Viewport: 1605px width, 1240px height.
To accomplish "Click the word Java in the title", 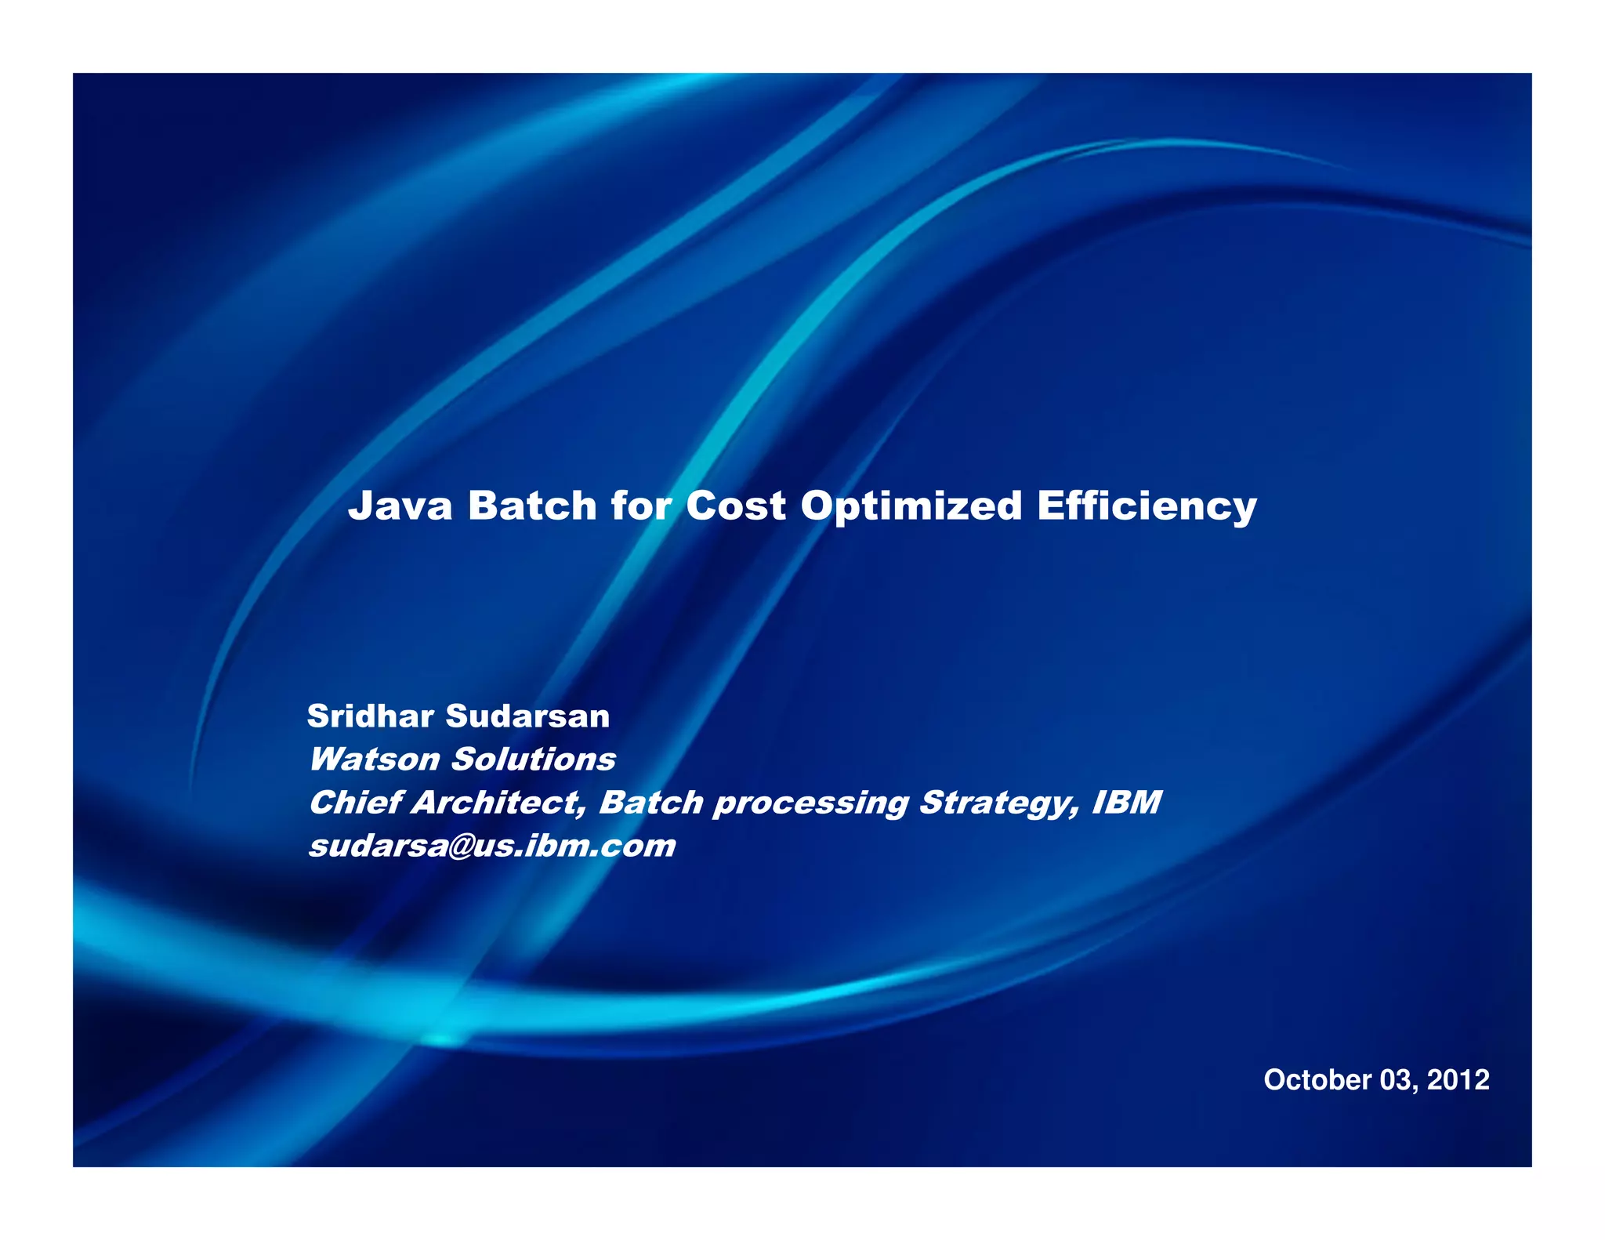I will pos(400,506).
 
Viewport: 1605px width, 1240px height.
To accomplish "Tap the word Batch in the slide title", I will pos(532,506).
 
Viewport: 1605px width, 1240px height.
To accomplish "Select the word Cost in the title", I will pos(735,506).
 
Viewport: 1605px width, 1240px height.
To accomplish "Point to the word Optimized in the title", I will pos(911,507).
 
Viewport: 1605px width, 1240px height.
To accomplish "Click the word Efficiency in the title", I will pos(1147,507).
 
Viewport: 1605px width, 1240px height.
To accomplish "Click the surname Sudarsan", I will pos(527,716).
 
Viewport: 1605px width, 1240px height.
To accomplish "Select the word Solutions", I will pos(534,760).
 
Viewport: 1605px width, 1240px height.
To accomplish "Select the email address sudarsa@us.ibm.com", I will pos(492,846).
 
